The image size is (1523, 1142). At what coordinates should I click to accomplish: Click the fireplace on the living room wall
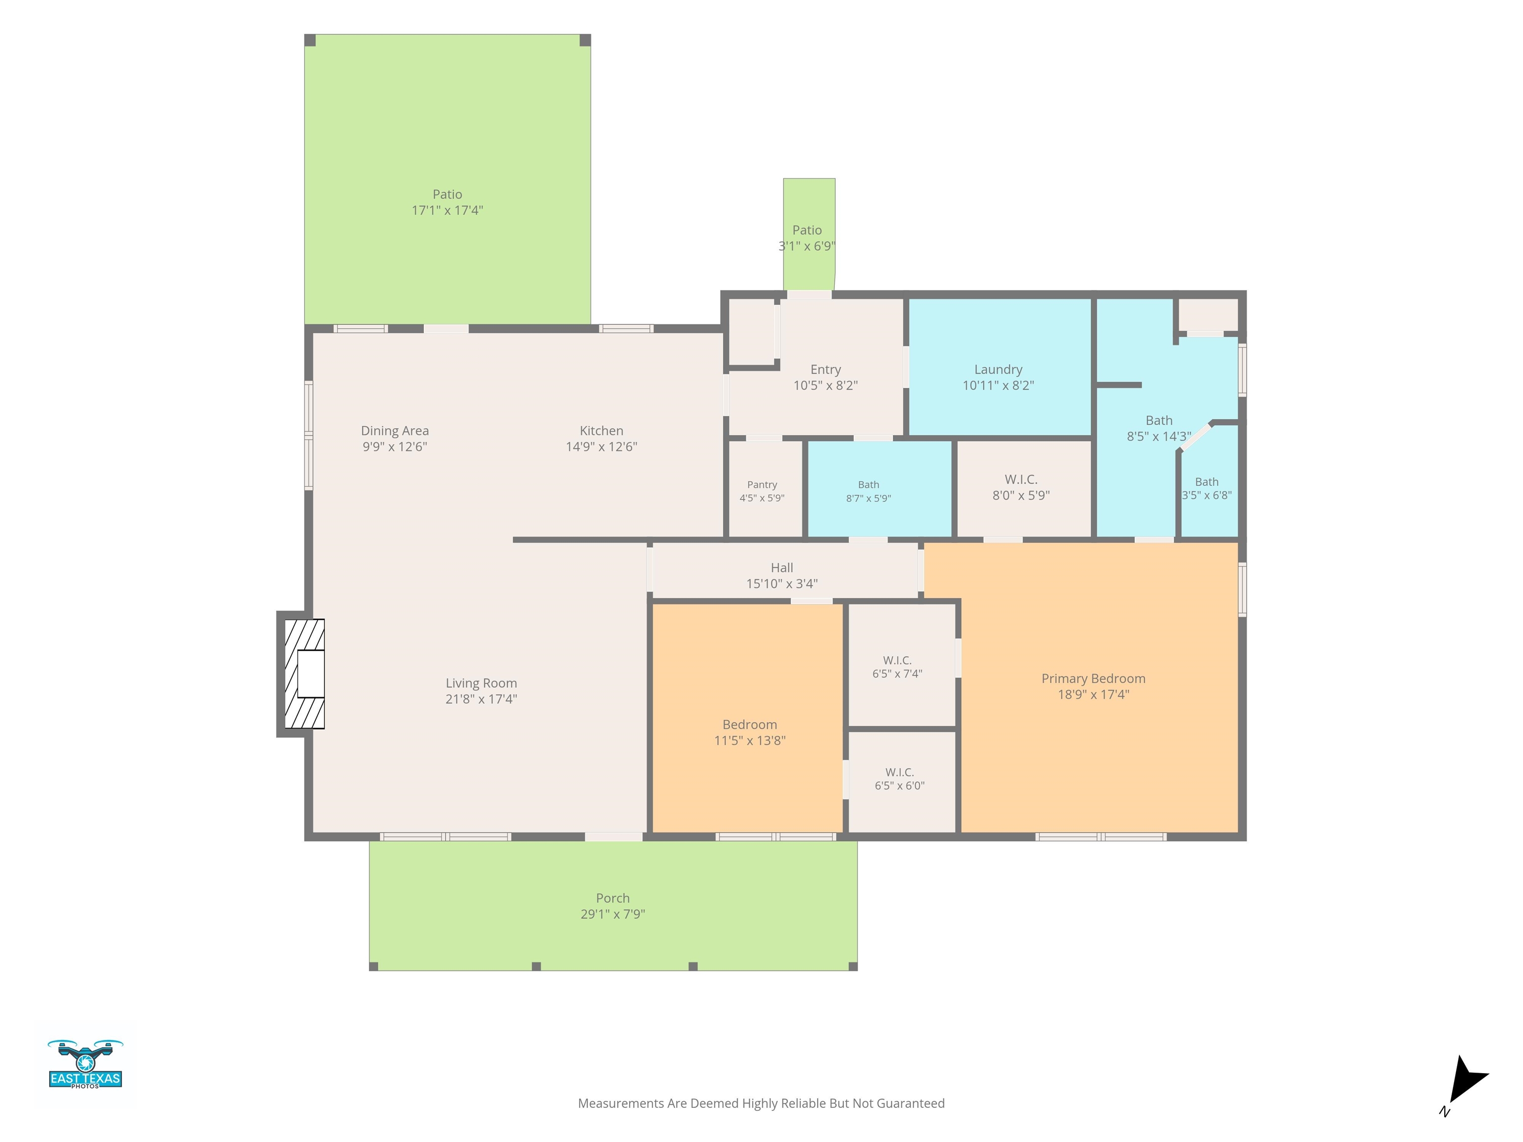coord(301,674)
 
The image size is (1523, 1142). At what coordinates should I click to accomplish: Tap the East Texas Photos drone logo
coord(85,1064)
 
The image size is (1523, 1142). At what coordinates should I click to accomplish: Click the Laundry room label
coord(997,370)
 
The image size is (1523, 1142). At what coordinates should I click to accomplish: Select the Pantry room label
coord(762,485)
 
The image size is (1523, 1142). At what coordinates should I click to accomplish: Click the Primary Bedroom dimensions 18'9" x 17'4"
coord(1093,694)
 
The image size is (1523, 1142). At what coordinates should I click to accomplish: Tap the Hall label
coord(781,568)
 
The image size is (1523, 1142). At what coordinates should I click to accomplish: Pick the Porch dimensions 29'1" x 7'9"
coord(613,914)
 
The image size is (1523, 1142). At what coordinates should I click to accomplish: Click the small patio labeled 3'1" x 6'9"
coord(809,234)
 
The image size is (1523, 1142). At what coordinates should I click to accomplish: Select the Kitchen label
coord(601,431)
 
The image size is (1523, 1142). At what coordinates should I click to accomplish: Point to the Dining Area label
coord(395,431)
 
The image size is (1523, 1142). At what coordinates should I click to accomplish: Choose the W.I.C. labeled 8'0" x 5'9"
coord(1023,489)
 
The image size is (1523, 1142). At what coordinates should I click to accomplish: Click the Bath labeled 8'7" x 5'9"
coord(879,489)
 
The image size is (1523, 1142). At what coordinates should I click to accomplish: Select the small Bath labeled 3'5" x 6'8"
coord(1209,482)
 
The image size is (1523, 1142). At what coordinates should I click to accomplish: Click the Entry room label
coord(825,370)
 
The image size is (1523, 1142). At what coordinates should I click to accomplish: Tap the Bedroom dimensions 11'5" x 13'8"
coord(750,741)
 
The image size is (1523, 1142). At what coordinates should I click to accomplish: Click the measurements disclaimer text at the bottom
coord(761,1103)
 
